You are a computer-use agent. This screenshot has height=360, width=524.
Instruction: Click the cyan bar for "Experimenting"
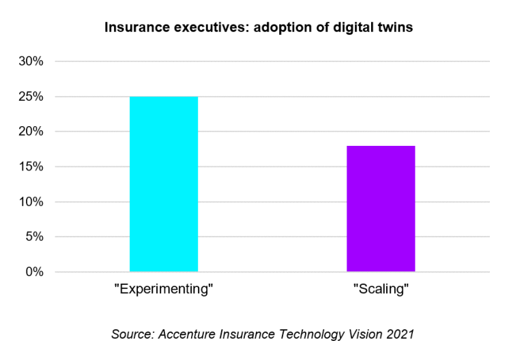click(164, 184)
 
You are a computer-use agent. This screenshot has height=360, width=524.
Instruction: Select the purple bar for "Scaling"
click(381, 209)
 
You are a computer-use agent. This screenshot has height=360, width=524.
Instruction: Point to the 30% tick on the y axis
click(29, 61)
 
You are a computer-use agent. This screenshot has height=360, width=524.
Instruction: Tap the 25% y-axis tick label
click(29, 97)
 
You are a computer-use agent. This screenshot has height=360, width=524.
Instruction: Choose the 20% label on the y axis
click(29, 132)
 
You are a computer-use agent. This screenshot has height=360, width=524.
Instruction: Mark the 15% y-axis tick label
click(29, 167)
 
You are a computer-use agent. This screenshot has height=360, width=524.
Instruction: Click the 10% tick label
click(29, 202)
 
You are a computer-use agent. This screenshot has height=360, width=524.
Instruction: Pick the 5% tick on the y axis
click(32, 237)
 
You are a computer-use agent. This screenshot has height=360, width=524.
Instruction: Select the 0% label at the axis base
click(32, 272)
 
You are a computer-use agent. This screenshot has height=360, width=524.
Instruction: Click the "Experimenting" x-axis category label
click(164, 288)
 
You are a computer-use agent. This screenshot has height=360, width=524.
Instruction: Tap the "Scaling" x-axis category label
click(381, 288)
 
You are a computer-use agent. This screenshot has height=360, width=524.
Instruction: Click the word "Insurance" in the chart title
click(131, 29)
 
